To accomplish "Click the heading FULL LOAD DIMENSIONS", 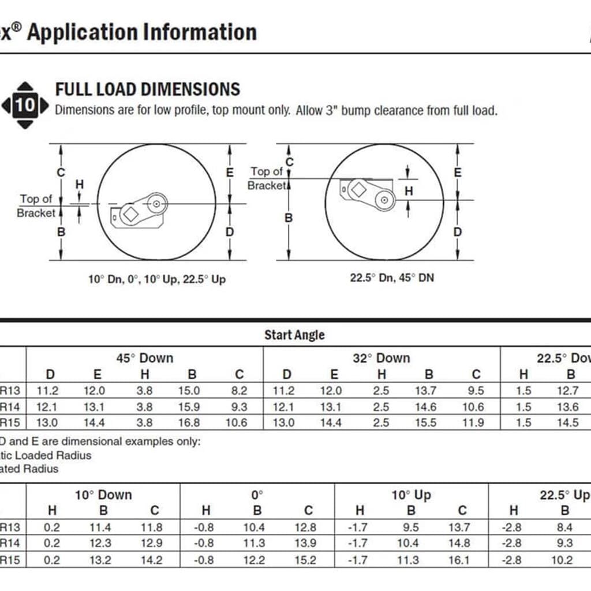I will tap(147, 89).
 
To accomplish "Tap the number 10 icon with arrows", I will tap(25, 106).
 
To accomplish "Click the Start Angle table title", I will tap(294, 335).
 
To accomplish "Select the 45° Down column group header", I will tap(144, 358).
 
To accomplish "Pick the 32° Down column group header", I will tap(381, 358).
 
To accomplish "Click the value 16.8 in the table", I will tap(189, 422).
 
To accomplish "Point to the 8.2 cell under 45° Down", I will tap(239, 391).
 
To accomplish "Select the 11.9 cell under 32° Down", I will tap(473, 422).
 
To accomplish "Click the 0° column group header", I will tap(257, 495).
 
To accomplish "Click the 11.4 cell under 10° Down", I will tap(104, 527).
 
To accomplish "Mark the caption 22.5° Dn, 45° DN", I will tap(392, 278).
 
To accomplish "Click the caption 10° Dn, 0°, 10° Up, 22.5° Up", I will tap(156, 279).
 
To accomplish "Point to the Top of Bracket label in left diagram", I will tap(36, 206).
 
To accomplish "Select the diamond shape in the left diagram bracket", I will tap(131, 214).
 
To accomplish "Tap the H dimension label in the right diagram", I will tap(409, 190).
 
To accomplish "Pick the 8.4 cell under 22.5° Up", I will tap(565, 527).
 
